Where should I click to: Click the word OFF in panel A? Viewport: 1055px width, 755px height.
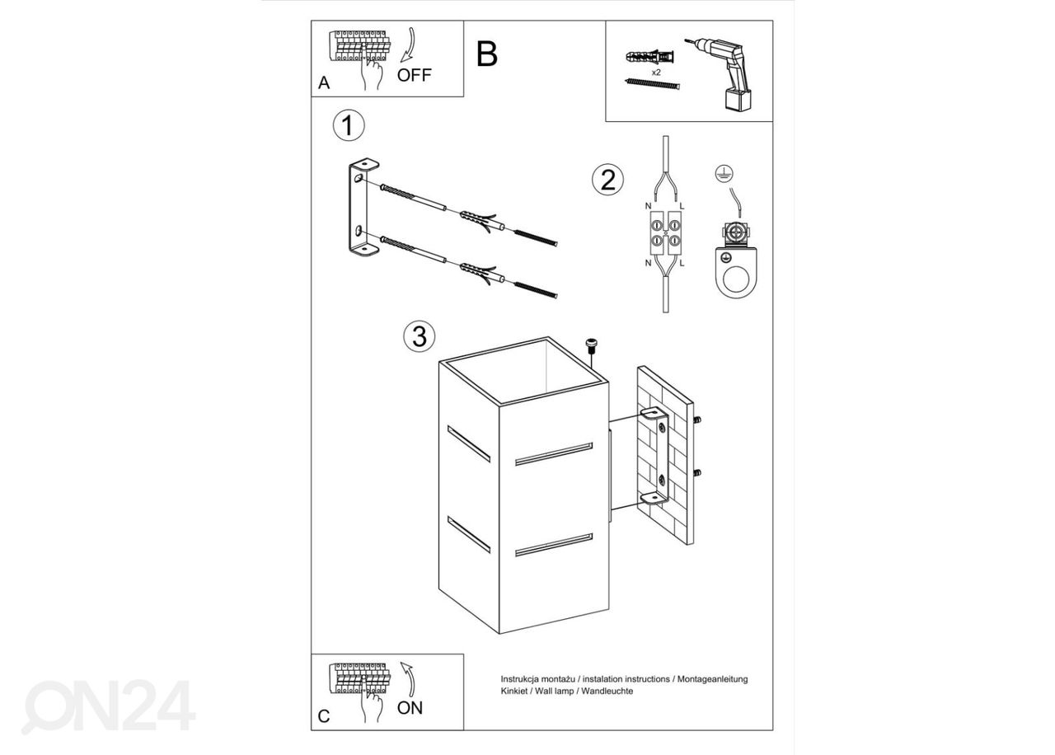tap(414, 76)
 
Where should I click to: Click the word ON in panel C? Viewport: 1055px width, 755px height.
tap(410, 707)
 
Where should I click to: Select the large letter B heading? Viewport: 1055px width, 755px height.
tap(487, 54)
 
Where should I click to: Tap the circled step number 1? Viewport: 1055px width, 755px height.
tap(348, 126)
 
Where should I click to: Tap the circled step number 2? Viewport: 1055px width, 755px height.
tap(607, 180)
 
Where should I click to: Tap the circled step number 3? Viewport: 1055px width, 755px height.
tap(419, 336)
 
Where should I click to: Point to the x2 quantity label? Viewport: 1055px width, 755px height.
tap(656, 73)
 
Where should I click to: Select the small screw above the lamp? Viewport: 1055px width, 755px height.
tap(590, 346)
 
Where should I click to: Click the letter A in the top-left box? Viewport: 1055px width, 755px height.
tap(324, 83)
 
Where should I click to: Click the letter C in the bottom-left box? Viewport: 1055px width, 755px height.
tap(324, 716)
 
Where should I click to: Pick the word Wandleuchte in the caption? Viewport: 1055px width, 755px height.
tap(607, 692)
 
